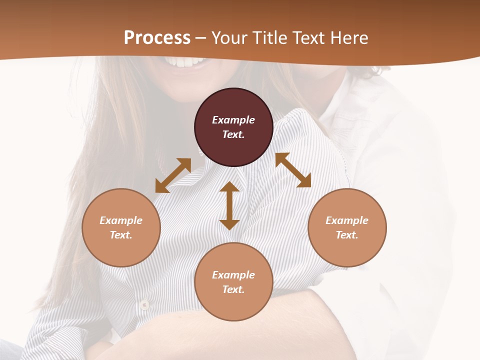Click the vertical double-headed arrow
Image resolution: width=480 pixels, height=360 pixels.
(x=229, y=205)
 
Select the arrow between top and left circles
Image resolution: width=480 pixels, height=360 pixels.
(x=173, y=175)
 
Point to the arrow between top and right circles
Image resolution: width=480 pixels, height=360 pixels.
(x=293, y=170)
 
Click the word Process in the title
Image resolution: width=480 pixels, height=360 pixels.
(x=157, y=37)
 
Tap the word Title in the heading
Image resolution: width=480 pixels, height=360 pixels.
(x=270, y=37)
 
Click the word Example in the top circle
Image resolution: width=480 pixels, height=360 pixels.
(x=233, y=120)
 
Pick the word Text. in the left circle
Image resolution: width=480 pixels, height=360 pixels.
(x=121, y=235)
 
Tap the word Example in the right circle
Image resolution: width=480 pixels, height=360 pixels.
(x=347, y=220)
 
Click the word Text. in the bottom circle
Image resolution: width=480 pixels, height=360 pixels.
(x=233, y=289)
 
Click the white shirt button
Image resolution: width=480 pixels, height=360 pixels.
(x=144, y=304)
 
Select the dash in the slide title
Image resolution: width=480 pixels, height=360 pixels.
(x=201, y=37)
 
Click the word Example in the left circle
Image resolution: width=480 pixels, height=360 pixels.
(x=121, y=220)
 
